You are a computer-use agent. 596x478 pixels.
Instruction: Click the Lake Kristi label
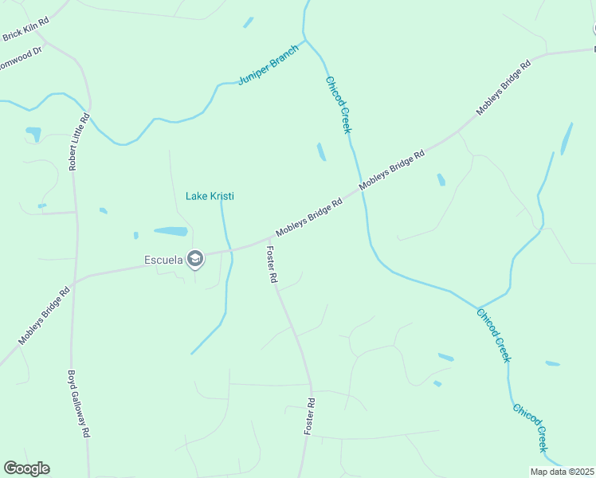[x=210, y=196]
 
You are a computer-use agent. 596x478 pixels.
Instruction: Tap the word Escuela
[x=163, y=259]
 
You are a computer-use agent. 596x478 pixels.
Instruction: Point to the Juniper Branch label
[x=269, y=65]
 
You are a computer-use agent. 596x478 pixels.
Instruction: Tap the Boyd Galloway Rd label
[x=78, y=404]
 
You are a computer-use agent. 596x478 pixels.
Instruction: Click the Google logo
[x=26, y=468]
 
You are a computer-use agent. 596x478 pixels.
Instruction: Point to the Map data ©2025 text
[x=563, y=472]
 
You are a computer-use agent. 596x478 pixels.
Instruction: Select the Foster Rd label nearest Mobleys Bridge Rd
[x=271, y=265]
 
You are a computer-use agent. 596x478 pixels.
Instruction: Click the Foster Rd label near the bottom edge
[x=310, y=416]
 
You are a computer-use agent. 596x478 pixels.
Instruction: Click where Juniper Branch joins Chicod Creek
[x=305, y=38]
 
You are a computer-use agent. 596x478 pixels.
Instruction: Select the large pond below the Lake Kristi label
[x=171, y=232]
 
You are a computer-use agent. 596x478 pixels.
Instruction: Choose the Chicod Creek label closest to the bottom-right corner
[x=531, y=428]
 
